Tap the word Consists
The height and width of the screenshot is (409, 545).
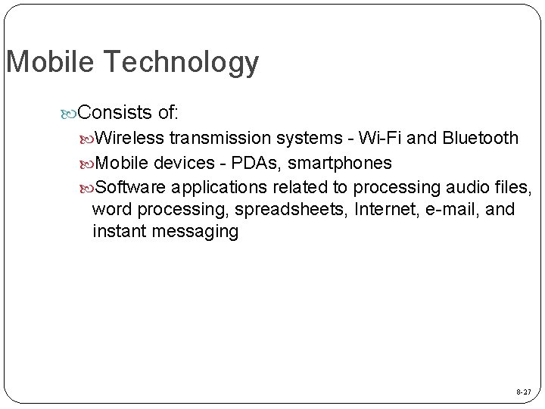(x=116, y=114)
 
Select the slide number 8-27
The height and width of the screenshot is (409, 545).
(x=523, y=392)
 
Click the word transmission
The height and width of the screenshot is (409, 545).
(x=221, y=139)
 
